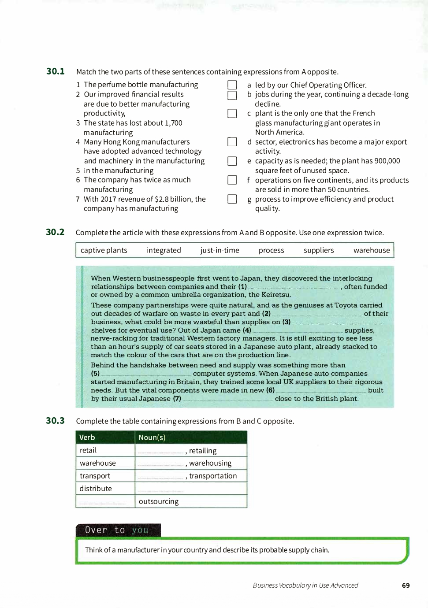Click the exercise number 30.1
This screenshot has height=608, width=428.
click(x=56, y=71)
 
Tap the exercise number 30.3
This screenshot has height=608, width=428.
click(x=55, y=421)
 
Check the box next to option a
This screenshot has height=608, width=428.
click(x=232, y=85)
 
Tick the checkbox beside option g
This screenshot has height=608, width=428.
click(x=232, y=199)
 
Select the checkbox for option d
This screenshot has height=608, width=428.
click(x=232, y=142)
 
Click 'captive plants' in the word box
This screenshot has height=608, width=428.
click(x=104, y=250)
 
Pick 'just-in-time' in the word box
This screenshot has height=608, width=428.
click(x=220, y=250)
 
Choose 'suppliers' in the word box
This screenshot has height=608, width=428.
click(x=319, y=250)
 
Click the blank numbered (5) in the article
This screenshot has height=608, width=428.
click(x=146, y=374)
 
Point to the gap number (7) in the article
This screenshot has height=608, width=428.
click(x=227, y=399)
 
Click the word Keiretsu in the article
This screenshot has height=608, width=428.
click(x=276, y=295)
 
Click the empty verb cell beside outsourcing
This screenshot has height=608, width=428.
click(x=105, y=501)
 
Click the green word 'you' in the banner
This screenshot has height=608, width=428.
click(x=140, y=530)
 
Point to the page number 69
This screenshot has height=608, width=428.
click(x=406, y=586)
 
